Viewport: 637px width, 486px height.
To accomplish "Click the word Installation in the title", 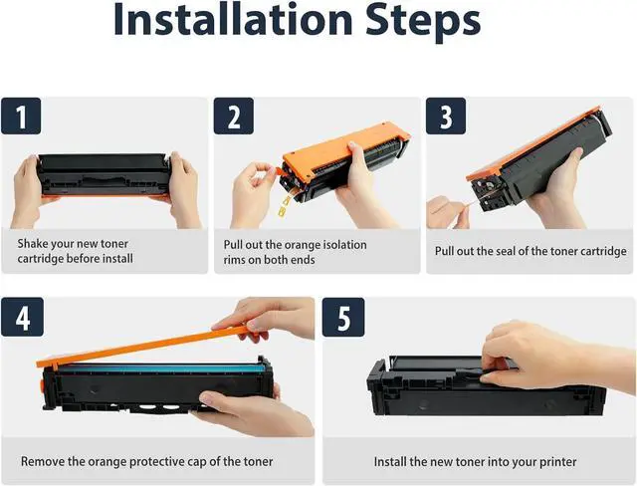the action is [x=232, y=19].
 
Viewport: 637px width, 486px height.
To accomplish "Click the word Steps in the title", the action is [x=423, y=20].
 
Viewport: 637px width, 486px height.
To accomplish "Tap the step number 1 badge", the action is [x=21, y=117].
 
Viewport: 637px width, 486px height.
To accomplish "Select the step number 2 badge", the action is [x=234, y=117].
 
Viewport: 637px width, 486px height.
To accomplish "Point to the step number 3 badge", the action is [x=446, y=117].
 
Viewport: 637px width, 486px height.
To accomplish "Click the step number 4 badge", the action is [x=22, y=317].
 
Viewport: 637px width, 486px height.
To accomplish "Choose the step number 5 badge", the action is [x=343, y=317].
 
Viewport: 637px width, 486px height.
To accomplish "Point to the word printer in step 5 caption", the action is [x=557, y=462].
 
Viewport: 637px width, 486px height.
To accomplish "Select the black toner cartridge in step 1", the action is [x=104, y=174].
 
